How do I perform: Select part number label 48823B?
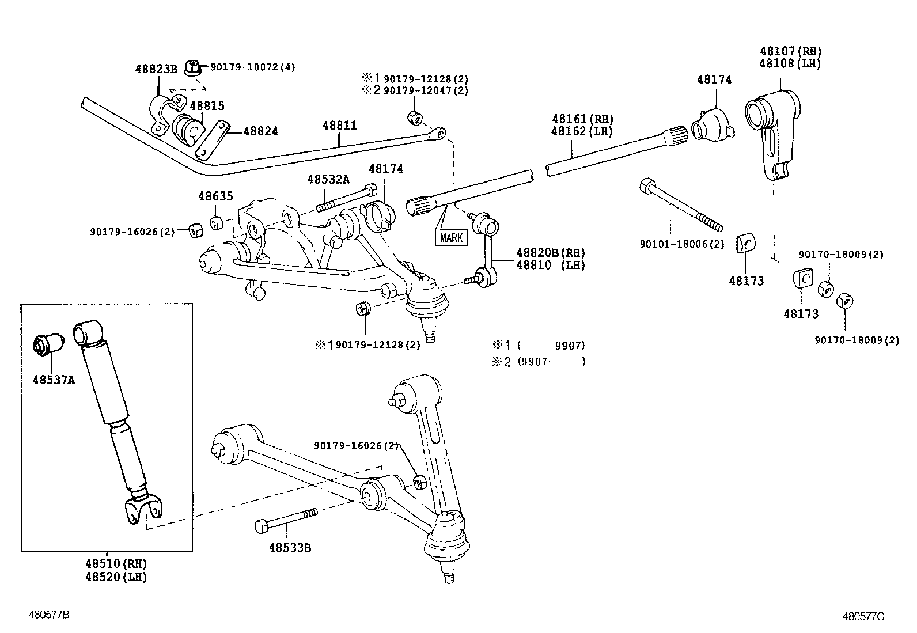click(x=156, y=69)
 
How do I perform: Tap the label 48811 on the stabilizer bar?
click(x=339, y=126)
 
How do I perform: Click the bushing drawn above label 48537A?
click(x=47, y=344)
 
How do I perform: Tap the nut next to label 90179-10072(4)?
click(x=193, y=67)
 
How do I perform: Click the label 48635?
click(x=215, y=196)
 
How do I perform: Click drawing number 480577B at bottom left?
click(x=49, y=615)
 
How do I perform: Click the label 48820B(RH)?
click(x=550, y=252)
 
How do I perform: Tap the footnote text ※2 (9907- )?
click(x=538, y=362)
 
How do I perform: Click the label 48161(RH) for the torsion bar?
click(x=582, y=119)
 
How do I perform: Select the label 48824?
click(x=260, y=131)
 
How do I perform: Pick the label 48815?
click(x=207, y=106)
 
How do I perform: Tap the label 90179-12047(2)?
click(x=426, y=90)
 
